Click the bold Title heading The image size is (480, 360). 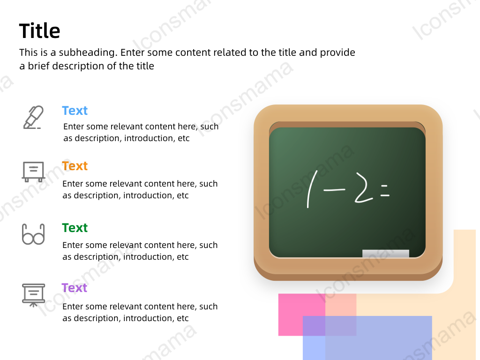pos(39,31)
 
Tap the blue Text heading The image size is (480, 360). pos(75,111)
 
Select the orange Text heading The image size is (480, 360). pos(75,166)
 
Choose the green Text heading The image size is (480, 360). pos(75,228)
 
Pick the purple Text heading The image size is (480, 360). pos(75,288)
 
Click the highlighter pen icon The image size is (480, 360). pos(33,117)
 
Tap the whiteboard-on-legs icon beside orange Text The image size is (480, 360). pos(33,172)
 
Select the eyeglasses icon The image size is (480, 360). pos(33,234)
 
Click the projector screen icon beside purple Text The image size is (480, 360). pos(33,295)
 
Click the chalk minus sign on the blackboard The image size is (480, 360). pos(334,190)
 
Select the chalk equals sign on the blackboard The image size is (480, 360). pos(385,190)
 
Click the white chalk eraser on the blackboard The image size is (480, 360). pos(386,254)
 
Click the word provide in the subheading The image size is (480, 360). pos(337,52)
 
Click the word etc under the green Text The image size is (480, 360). pos(183,257)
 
